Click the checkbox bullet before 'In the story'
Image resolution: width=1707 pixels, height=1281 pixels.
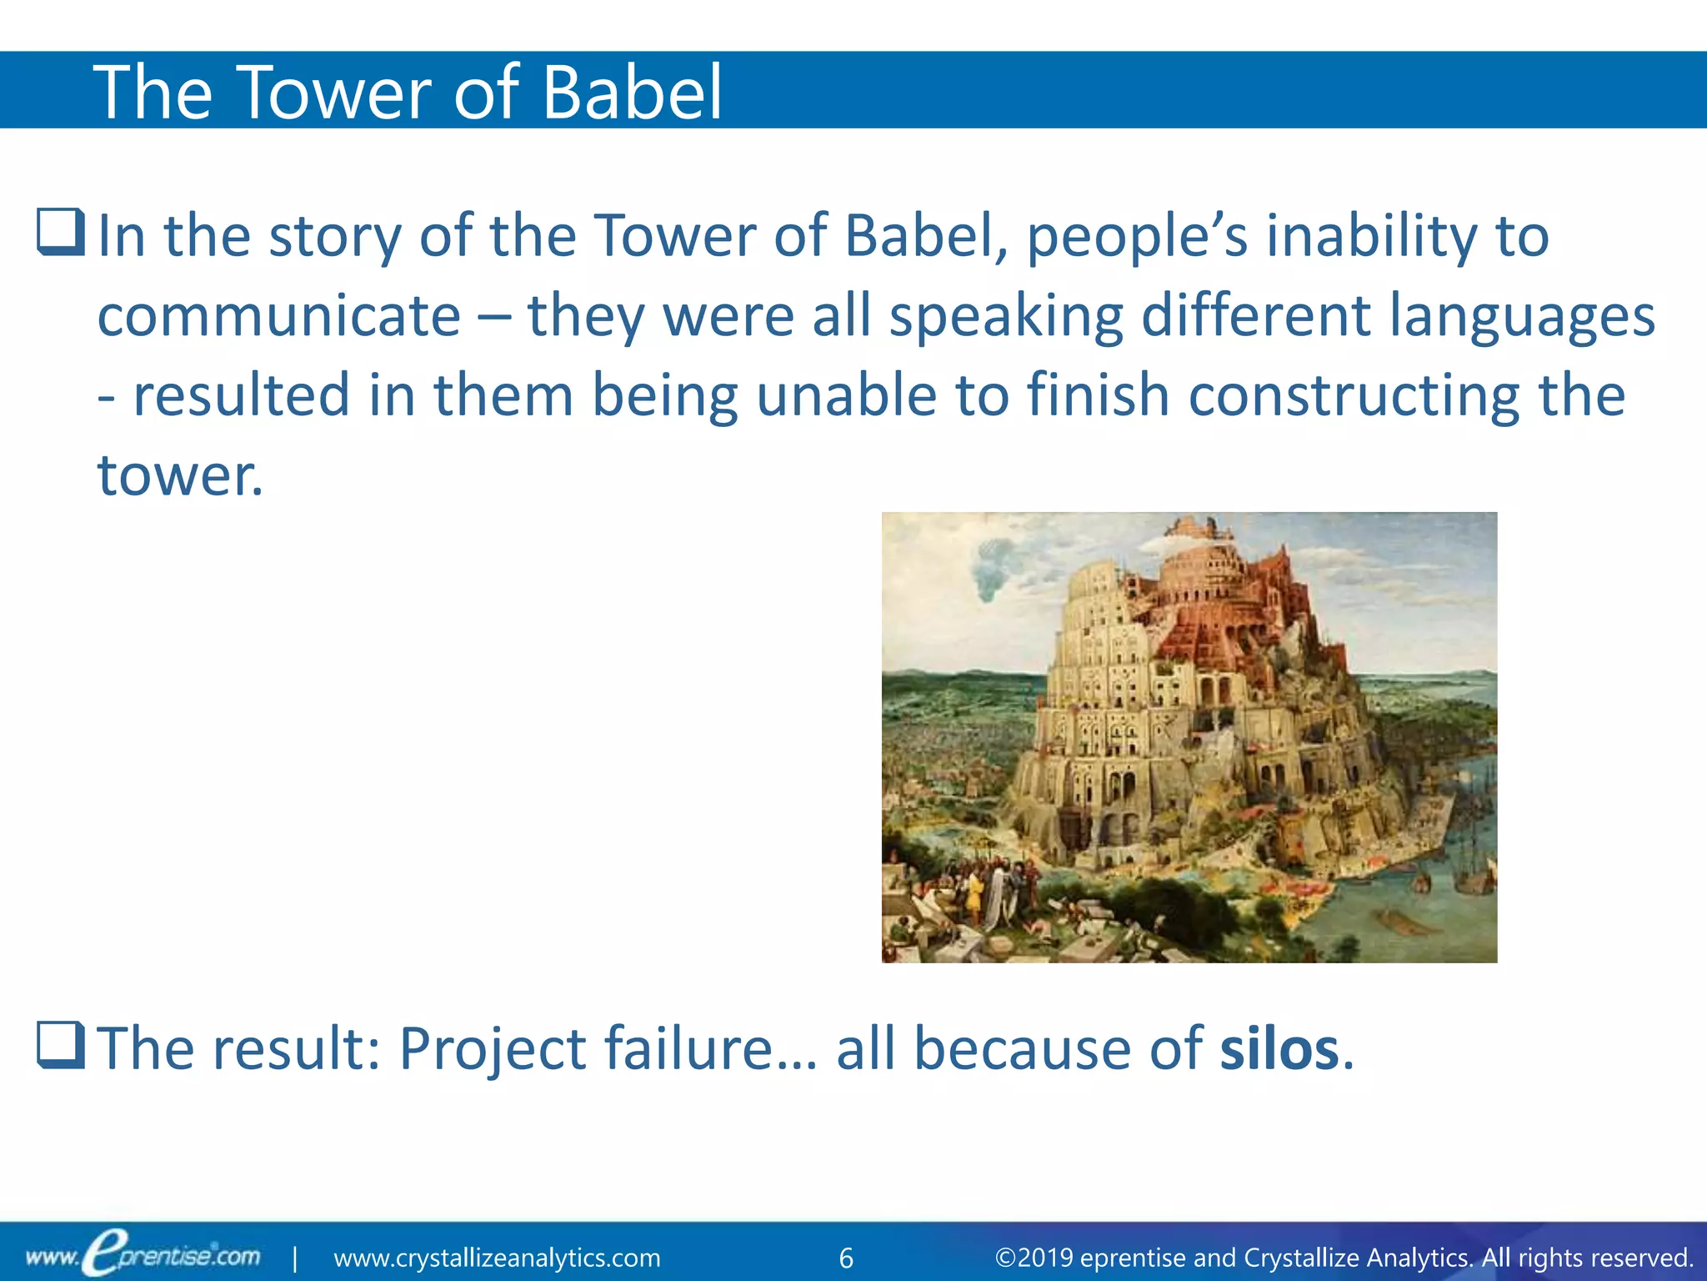61,233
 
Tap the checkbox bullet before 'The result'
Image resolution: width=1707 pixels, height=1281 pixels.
61,1045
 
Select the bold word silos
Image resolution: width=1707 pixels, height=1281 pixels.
1279,1047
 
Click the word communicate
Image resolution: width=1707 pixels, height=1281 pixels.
279,317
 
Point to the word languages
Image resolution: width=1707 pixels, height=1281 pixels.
1522,317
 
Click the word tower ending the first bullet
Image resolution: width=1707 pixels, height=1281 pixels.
179,475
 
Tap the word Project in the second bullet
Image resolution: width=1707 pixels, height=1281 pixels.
492,1049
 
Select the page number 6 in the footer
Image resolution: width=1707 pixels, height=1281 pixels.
846,1258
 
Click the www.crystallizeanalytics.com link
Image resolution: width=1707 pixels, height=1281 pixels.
497,1258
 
